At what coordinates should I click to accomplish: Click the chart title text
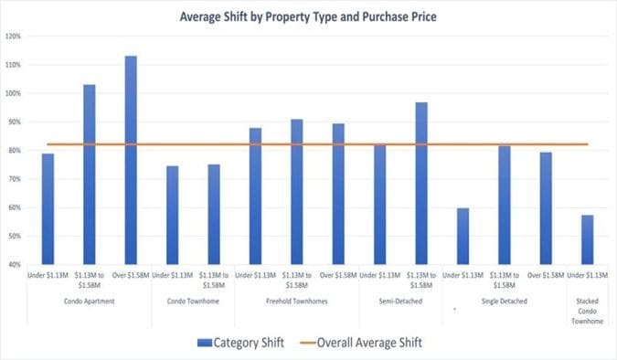[x=308, y=17]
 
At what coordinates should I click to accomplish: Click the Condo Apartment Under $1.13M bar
[x=48, y=208]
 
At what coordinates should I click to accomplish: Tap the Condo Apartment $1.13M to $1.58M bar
[x=90, y=174]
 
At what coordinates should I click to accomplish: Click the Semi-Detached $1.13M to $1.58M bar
[x=420, y=183]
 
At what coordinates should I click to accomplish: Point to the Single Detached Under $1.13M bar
[x=463, y=236]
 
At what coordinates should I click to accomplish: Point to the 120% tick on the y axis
[x=13, y=37]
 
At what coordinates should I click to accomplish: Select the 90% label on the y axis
[x=14, y=122]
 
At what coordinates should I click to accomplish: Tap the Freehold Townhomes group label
[x=296, y=301]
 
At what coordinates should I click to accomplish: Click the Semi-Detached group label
[x=399, y=301]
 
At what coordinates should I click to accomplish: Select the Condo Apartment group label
[x=89, y=301]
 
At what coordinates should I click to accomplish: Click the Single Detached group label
[x=504, y=301]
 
